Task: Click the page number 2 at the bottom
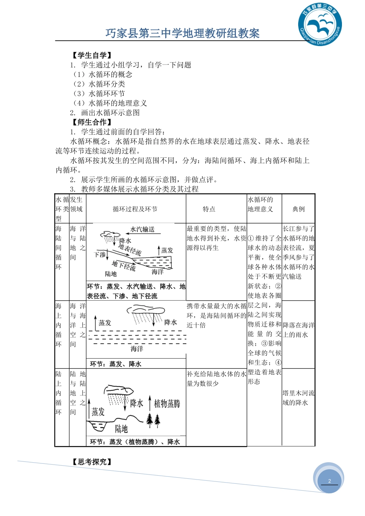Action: pos(329,481)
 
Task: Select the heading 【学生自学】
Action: pos(92,55)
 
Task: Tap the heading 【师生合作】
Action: pos(92,122)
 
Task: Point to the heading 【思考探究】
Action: pos(92,462)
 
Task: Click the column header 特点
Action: pos(209,209)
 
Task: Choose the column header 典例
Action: pos(298,209)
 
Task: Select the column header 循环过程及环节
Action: pos(135,209)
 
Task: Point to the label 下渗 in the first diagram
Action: pos(100,255)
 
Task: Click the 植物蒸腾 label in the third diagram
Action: pos(167,404)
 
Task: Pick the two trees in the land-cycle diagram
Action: pos(153,420)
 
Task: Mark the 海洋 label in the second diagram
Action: pos(137,349)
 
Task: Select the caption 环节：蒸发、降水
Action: pos(116,364)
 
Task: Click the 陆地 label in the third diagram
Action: pos(121,428)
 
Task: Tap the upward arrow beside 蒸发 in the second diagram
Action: pos(95,322)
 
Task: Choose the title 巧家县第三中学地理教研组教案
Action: pos(182,33)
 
